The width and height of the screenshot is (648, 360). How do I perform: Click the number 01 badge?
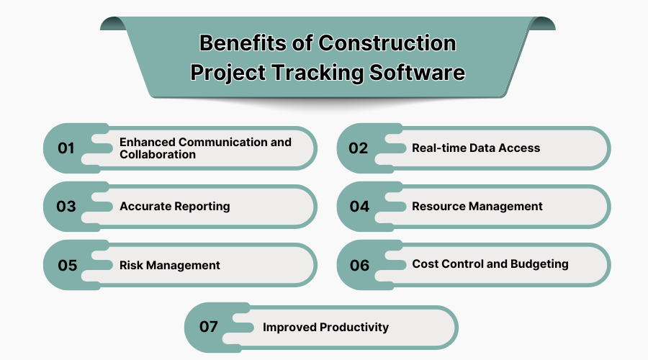click(66, 148)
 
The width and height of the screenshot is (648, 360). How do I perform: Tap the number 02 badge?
click(359, 148)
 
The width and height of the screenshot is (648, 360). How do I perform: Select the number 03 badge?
click(66, 207)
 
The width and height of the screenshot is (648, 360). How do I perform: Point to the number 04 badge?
click(359, 207)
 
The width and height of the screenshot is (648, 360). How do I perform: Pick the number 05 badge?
click(67, 265)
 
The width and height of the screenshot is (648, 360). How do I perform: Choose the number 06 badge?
click(359, 265)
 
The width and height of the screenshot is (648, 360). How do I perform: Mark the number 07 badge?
click(209, 327)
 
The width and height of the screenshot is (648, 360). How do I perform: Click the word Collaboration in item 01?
click(158, 155)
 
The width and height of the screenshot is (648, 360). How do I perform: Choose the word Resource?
click(438, 207)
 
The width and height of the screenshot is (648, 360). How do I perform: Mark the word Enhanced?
click(148, 142)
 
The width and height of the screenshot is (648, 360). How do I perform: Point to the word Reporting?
click(203, 207)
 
